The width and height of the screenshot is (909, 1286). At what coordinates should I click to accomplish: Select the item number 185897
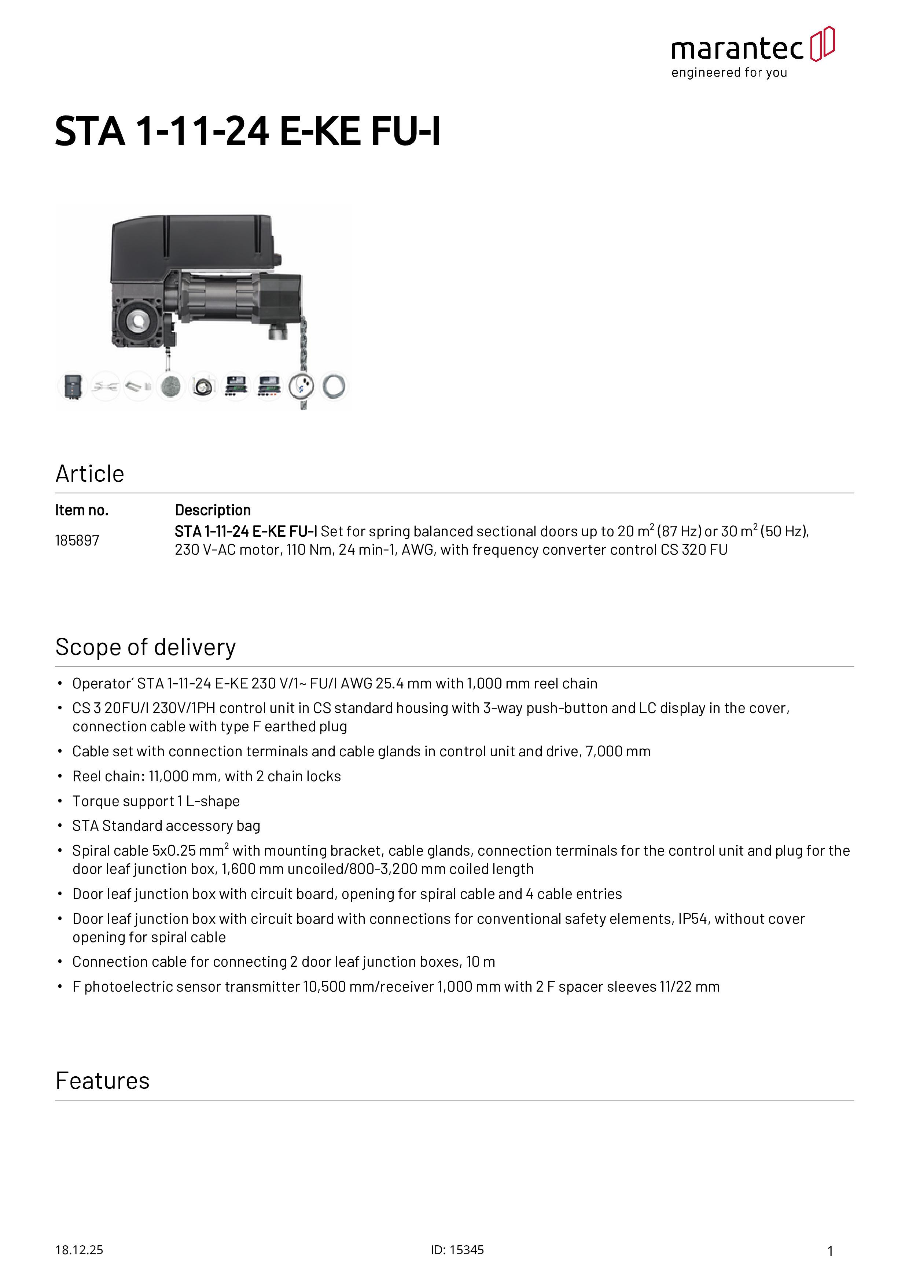click(77, 540)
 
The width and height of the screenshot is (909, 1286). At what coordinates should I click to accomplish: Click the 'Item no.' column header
click(82, 510)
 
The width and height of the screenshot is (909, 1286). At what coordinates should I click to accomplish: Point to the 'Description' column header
click(213, 510)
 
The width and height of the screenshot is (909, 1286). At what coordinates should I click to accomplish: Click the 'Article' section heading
click(89, 474)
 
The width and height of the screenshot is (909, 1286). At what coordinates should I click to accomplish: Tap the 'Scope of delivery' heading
click(146, 647)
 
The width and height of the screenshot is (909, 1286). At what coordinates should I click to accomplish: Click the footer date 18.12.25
click(79, 1250)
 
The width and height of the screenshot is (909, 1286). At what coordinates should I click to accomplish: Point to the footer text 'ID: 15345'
click(457, 1250)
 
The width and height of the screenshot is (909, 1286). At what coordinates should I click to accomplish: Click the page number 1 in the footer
click(830, 1251)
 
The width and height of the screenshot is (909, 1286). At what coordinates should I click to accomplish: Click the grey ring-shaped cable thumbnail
click(334, 386)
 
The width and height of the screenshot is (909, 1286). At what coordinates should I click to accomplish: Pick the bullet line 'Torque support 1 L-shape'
click(156, 801)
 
